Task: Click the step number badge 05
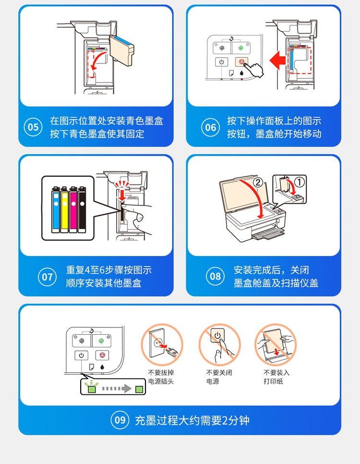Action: tap(33, 127)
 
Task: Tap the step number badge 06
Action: tap(210, 127)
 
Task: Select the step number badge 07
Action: tap(48, 277)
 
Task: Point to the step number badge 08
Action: tap(215, 276)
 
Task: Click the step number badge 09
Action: tap(120, 420)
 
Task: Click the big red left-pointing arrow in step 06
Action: tap(277, 60)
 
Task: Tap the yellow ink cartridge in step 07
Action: tap(64, 209)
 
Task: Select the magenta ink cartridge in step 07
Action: tap(73, 209)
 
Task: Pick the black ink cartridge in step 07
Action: tap(82, 209)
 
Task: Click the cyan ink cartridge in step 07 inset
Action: tap(56, 209)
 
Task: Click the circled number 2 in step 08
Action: tap(258, 183)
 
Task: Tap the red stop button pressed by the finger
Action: tap(241, 62)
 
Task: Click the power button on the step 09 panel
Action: tap(81, 355)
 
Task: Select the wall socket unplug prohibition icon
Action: tap(162, 344)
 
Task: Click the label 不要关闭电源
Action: tap(219, 377)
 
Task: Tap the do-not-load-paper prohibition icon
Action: tap(276, 344)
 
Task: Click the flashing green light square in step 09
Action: tap(92, 389)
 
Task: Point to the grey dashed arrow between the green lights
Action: tap(117, 388)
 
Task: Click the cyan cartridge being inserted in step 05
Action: tap(121, 50)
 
